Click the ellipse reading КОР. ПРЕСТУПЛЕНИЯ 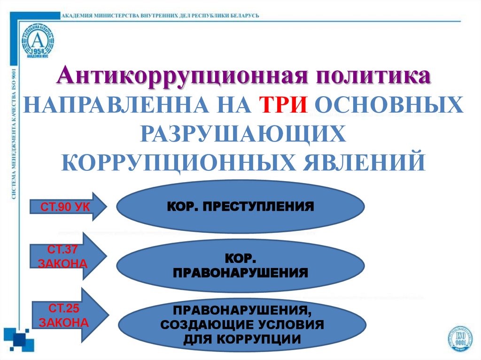click(240, 207)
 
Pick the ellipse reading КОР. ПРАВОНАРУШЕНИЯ click(240, 266)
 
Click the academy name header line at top click(160, 15)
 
